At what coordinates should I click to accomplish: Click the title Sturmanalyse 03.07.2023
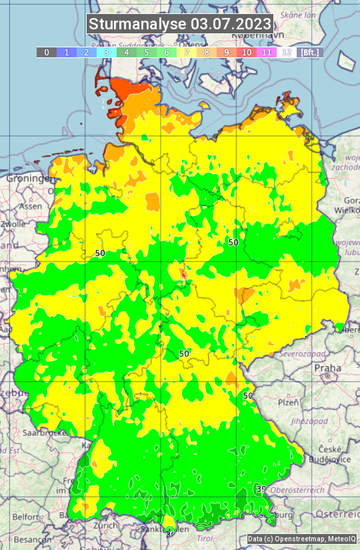coord(180,24)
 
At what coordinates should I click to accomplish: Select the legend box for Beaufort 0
coord(46,52)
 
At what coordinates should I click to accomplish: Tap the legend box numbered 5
coord(147,52)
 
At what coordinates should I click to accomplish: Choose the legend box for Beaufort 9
coord(227,52)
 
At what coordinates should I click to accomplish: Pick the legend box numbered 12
coord(287,52)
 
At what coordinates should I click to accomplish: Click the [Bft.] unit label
coord(310,52)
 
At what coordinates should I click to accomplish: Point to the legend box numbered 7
coord(187,52)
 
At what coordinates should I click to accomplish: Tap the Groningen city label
coord(29,179)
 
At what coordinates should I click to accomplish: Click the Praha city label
coord(327,368)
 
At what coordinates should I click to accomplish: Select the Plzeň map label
coord(288,402)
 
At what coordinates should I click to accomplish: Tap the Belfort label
coord(25,517)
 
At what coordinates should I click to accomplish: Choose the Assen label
coord(31,207)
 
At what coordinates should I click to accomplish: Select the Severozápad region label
coord(294,354)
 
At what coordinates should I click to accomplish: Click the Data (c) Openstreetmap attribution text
coord(302,539)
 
